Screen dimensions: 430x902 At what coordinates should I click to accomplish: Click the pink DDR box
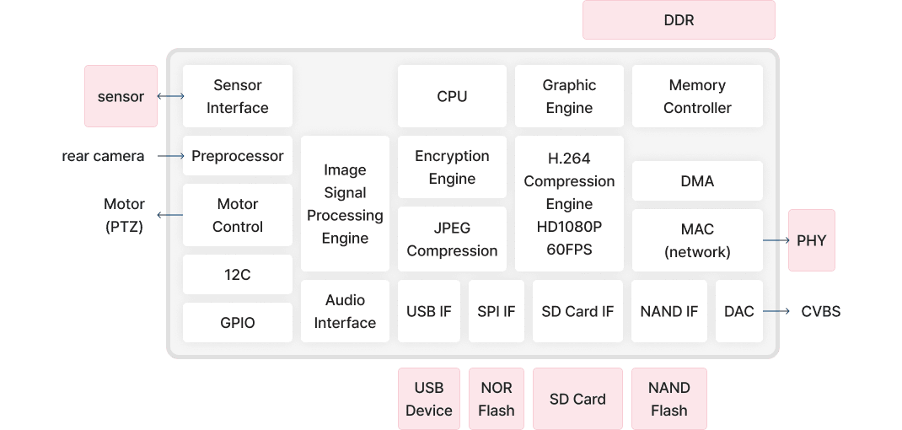pyautogui.click(x=679, y=19)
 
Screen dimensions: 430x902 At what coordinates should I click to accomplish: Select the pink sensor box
pyautogui.click(x=121, y=96)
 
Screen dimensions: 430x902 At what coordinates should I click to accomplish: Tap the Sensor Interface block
pyautogui.click(x=238, y=96)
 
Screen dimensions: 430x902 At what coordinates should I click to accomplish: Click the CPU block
pyautogui.click(x=452, y=96)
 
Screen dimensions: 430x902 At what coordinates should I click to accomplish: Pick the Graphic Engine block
pyautogui.click(x=569, y=96)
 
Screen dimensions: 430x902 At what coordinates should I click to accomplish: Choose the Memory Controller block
pyautogui.click(x=697, y=96)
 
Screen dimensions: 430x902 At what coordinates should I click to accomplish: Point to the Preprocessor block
pyautogui.click(x=238, y=156)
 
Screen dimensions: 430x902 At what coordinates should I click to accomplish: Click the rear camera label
pyautogui.click(x=103, y=156)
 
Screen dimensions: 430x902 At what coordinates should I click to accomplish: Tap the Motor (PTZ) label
pyautogui.click(x=124, y=215)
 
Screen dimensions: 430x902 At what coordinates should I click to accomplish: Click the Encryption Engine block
pyautogui.click(x=452, y=167)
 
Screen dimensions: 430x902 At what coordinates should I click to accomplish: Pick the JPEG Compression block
pyautogui.click(x=452, y=239)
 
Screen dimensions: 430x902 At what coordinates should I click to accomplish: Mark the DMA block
pyautogui.click(x=697, y=181)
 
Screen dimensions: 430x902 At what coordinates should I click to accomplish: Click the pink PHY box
pyautogui.click(x=811, y=240)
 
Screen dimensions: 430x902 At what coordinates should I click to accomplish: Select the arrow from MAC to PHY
pyautogui.click(x=776, y=240)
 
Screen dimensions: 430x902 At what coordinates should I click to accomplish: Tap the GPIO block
pyautogui.click(x=238, y=322)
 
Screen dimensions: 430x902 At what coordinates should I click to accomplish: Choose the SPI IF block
pyautogui.click(x=496, y=311)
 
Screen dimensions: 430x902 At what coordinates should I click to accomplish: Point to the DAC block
pyautogui.click(x=738, y=311)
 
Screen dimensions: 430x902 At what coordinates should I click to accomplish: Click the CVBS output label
pyautogui.click(x=820, y=312)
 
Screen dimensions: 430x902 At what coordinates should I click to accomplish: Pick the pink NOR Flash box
pyautogui.click(x=496, y=399)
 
